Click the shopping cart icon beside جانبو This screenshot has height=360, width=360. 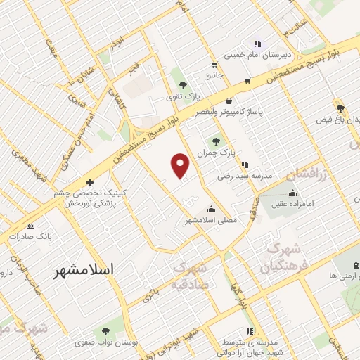click(x=247, y=80)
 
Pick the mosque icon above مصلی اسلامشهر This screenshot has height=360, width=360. click(x=211, y=209)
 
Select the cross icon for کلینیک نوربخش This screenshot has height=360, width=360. click(x=89, y=182)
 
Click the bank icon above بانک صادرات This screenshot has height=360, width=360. click(x=30, y=226)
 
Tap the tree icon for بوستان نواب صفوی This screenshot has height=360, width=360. click(x=105, y=330)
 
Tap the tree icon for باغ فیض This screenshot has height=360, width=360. click(x=340, y=108)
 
